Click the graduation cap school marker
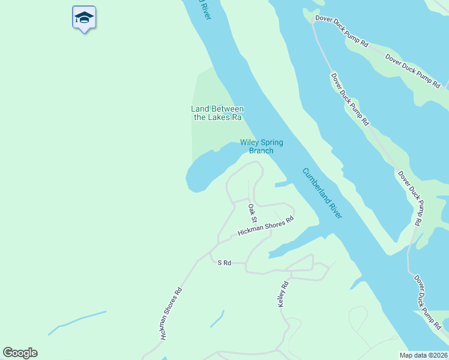tap(84, 17)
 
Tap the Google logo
tap(20, 353)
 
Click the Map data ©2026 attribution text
tap(424, 355)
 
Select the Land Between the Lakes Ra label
tap(217, 113)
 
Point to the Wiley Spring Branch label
tap(261, 146)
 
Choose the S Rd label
tap(224, 263)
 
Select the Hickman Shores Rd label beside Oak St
tap(265, 226)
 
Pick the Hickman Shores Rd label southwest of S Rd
tap(170, 314)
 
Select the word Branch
tap(261, 151)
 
